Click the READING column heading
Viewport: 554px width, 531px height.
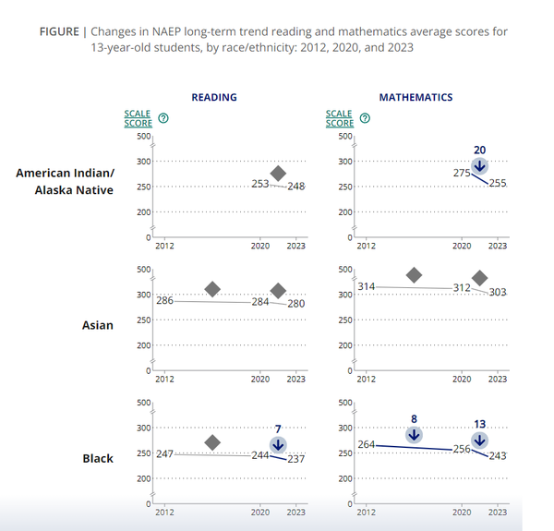[214, 97]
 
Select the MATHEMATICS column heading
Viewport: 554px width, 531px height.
[415, 97]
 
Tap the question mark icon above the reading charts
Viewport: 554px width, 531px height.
[163, 118]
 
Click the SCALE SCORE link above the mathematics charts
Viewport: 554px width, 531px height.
[340, 118]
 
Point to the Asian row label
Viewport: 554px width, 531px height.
[97, 325]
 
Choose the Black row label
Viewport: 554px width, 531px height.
[97, 458]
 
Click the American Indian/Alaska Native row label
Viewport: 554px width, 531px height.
[78, 181]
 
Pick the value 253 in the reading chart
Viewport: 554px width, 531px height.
[260, 185]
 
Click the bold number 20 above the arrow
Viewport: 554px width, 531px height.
[479, 150]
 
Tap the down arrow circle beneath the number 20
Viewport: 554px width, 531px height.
[479, 166]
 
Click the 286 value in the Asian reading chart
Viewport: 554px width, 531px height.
[165, 301]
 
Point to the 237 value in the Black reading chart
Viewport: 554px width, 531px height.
[295, 460]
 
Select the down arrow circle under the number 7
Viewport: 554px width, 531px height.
[278, 445]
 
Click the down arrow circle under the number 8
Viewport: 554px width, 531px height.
[414, 435]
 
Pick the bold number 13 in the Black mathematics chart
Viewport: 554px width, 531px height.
[479, 424]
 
